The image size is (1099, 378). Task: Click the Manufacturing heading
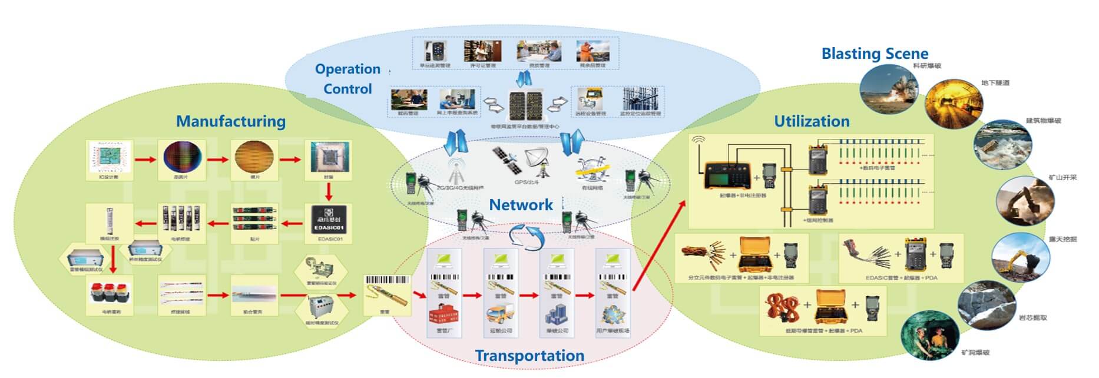tap(231, 121)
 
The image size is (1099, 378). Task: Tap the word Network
tap(521, 205)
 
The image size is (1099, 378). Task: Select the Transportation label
tap(529, 356)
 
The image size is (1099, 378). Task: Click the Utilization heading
tap(811, 121)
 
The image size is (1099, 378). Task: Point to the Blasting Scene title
tap(874, 54)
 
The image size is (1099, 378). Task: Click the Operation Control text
tap(347, 79)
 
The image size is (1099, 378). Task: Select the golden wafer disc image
tap(255, 158)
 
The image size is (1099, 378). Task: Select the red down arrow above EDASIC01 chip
tap(329, 191)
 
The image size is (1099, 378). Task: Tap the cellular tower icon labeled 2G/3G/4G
tap(455, 171)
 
